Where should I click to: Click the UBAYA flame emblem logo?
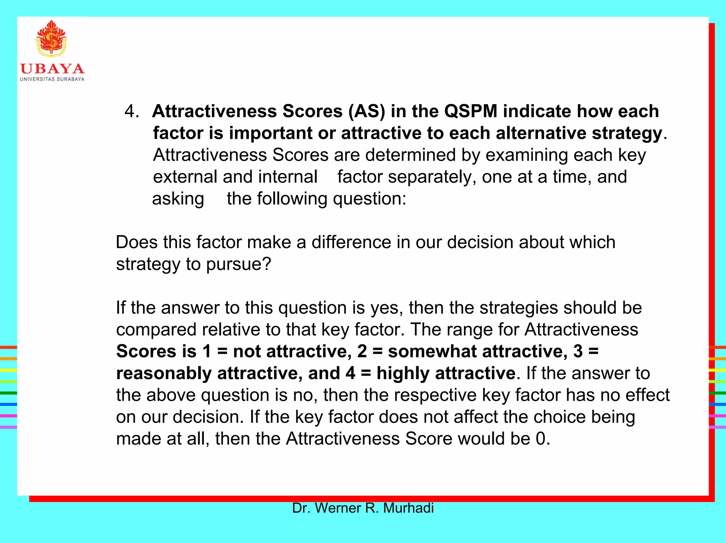(51, 38)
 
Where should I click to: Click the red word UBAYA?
(52, 69)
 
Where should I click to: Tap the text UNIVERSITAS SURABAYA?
(52, 79)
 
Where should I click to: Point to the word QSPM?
(471, 112)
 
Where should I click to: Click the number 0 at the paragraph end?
(541, 439)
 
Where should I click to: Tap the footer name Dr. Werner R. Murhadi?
(363, 508)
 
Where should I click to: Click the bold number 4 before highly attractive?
(350, 373)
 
